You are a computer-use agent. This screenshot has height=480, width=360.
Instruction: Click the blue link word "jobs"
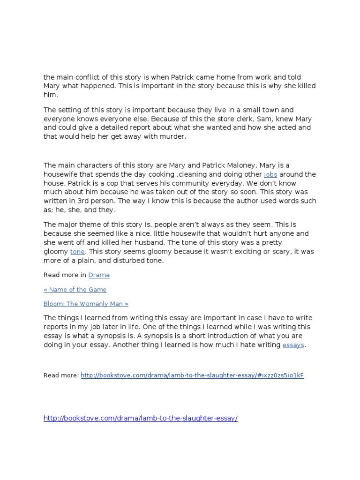click(x=271, y=174)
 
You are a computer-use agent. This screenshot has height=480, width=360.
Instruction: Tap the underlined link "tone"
click(x=77, y=251)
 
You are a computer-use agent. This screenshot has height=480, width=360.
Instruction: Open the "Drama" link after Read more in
click(x=99, y=275)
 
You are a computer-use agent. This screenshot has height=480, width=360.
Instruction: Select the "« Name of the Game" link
click(x=75, y=289)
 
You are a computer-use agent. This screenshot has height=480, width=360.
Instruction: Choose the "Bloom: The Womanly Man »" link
click(x=86, y=304)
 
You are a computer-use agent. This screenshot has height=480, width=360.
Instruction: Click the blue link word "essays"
click(x=293, y=345)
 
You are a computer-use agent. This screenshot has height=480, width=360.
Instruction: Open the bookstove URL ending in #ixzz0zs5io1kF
click(x=192, y=375)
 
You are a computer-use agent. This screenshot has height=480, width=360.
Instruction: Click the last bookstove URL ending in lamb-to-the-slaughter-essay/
click(x=141, y=418)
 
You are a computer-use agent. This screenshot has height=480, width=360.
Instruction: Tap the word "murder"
click(x=172, y=136)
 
